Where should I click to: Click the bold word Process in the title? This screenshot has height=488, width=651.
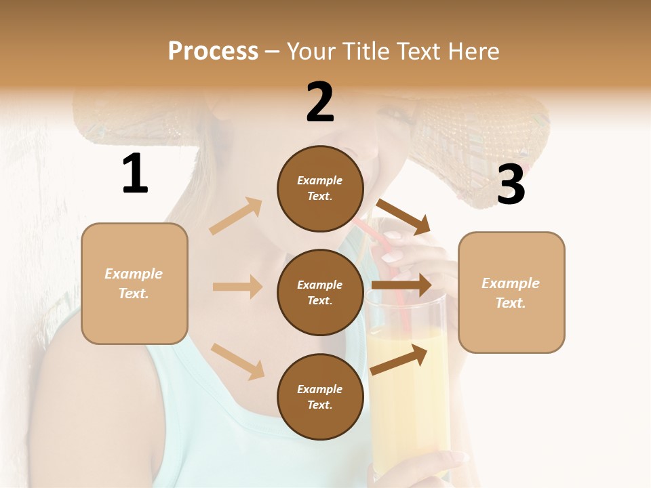pyautogui.click(x=213, y=52)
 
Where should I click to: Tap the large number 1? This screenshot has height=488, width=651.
pyautogui.click(x=135, y=174)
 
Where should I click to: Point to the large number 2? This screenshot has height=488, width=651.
pyautogui.click(x=320, y=102)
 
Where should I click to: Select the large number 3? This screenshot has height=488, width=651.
pyautogui.click(x=511, y=185)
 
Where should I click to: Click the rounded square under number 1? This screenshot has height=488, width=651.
pyautogui.click(x=134, y=283)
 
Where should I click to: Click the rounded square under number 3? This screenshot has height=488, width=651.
pyautogui.click(x=511, y=293)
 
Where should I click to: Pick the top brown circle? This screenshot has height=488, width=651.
pyautogui.click(x=320, y=188)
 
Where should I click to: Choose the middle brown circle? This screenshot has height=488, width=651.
pyautogui.click(x=320, y=293)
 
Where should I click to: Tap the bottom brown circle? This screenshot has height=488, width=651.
pyautogui.click(x=320, y=397)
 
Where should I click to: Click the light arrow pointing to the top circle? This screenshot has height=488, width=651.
pyautogui.click(x=236, y=216)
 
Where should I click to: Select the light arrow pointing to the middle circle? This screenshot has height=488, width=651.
pyautogui.click(x=237, y=287)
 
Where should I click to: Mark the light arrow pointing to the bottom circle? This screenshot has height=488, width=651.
pyautogui.click(x=237, y=361)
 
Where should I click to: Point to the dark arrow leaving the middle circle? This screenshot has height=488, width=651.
pyautogui.click(x=401, y=285)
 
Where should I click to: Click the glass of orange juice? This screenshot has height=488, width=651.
pyautogui.click(x=407, y=380)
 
